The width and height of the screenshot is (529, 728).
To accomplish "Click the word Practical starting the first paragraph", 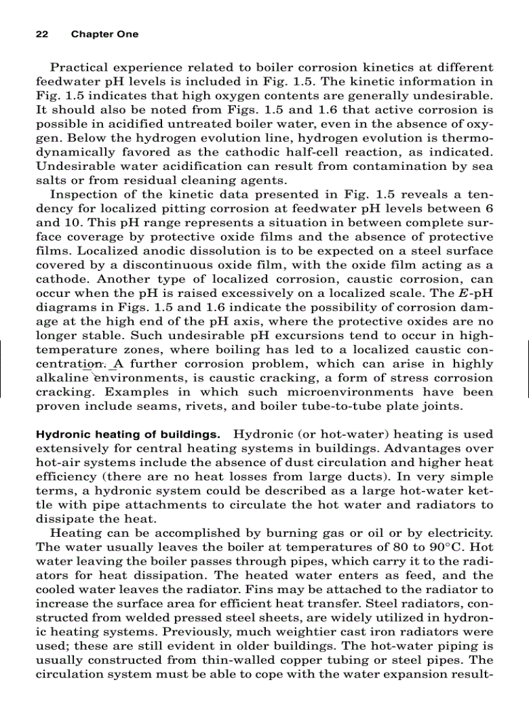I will tap(79, 67).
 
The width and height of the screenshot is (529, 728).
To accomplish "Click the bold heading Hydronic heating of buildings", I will tap(128, 434).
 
